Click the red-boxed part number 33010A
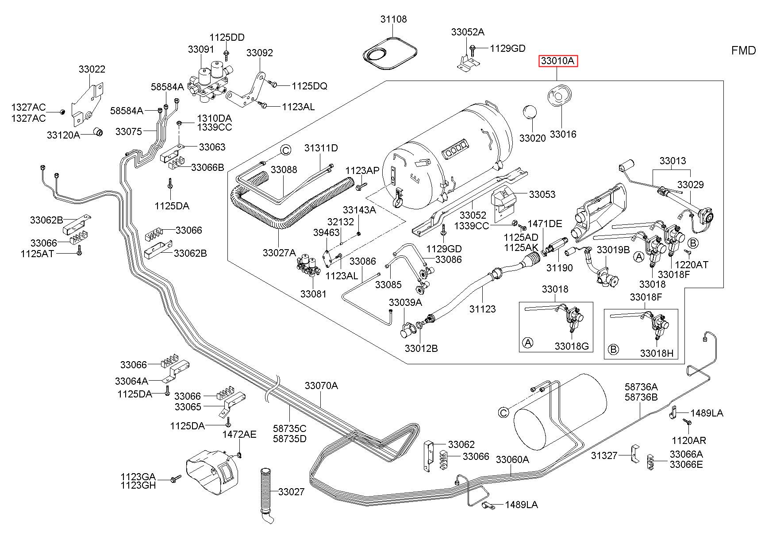pyautogui.click(x=558, y=61)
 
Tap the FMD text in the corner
pyautogui.click(x=744, y=50)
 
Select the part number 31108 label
pyautogui.click(x=393, y=19)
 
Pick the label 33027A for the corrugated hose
pyautogui.click(x=279, y=252)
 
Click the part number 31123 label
pyautogui.click(x=482, y=309)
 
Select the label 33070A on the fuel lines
pyautogui.click(x=321, y=386)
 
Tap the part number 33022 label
pyautogui.click(x=92, y=69)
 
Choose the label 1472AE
pyautogui.click(x=239, y=434)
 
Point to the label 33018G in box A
pyautogui.click(x=572, y=346)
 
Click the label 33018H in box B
pyautogui.click(x=657, y=353)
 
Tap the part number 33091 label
pyautogui.click(x=201, y=49)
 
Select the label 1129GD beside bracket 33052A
pyautogui.click(x=507, y=48)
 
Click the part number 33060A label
pyautogui.click(x=512, y=459)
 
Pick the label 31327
pyautogui.click(x=604, y=455)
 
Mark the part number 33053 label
pyautogui.click(x=542, y=194)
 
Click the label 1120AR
pyautogui.click(x=689, y=440)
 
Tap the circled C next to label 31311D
pyautogui.click(x=286, y=150)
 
